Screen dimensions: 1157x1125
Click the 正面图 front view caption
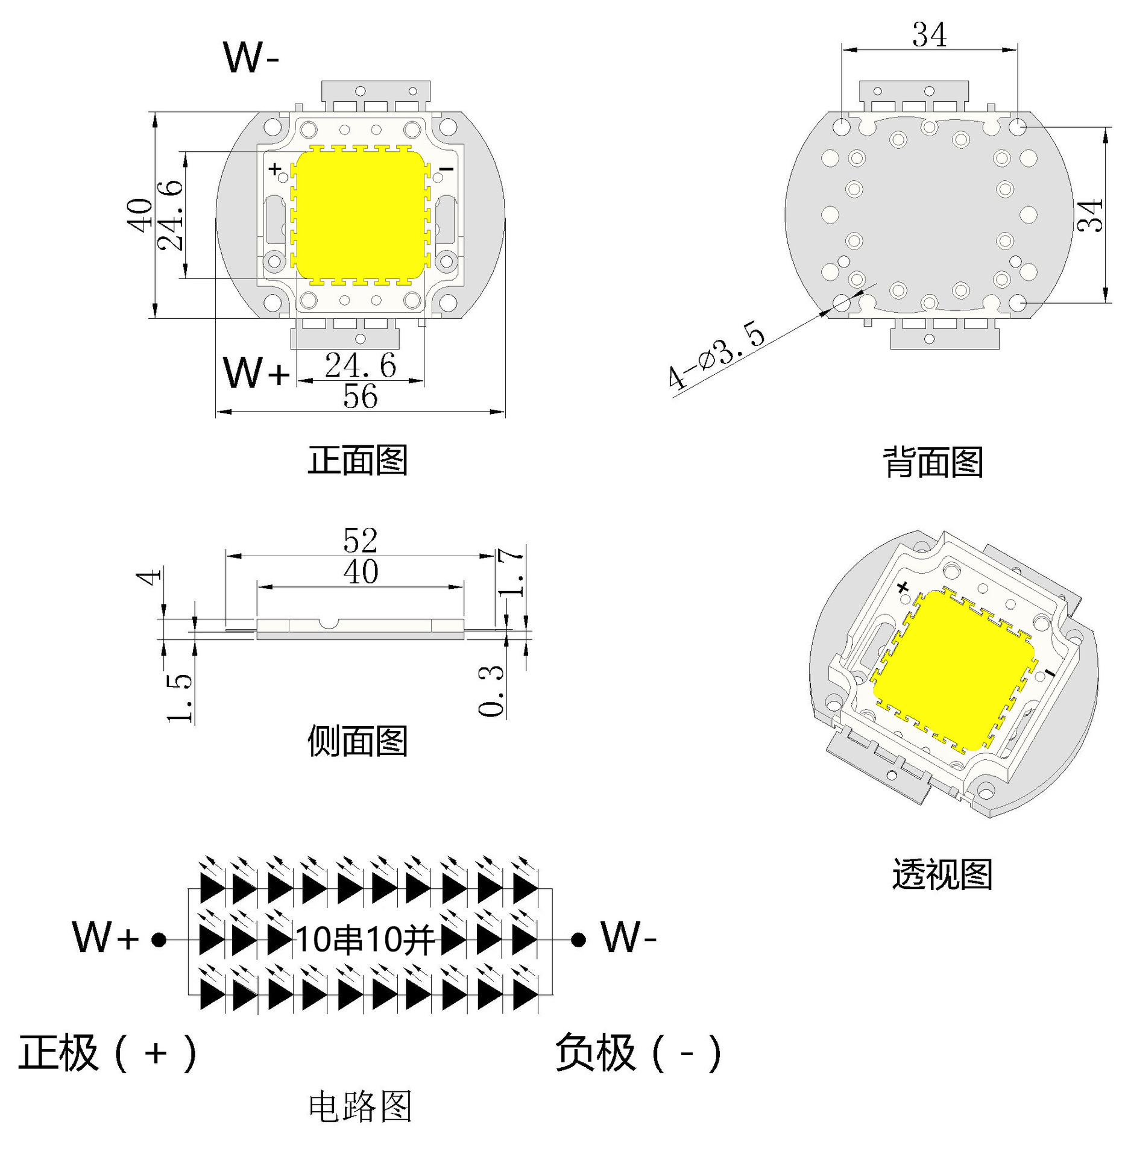[x=358, y=461]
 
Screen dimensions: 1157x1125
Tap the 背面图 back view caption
[x=933, y=462]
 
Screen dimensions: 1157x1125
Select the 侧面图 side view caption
[x=358, y=741]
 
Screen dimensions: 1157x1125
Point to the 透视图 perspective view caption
[x=942, y=874]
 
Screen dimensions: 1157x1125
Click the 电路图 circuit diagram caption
[x=360, y=1107]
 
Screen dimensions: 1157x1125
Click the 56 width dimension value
[x=361, y=397]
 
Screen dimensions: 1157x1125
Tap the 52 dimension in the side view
[x=361, y=540]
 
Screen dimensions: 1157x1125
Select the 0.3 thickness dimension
[x=491, y=691]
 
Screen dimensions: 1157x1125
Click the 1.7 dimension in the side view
[x=511, y=572]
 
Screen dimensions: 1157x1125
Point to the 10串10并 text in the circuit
[x=365, y=939]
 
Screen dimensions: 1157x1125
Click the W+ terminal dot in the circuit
[x=159, y=939]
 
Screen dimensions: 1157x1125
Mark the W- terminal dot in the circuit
[x=578, y=939]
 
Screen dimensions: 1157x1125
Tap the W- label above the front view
[x=251, y=58]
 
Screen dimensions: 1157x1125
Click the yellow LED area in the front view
[x=361, y=215]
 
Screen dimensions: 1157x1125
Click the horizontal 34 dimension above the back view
[x=929, y=35]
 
